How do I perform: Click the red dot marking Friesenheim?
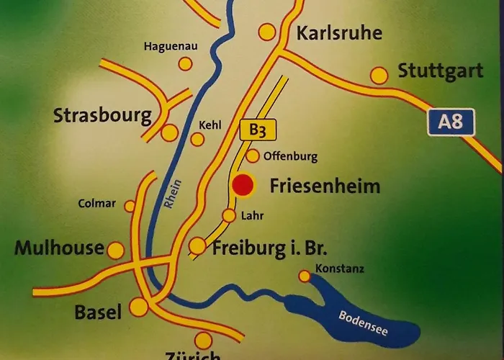pos(243,186)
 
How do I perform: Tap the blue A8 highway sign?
pos(451,122)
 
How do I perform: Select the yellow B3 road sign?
pos(258,130)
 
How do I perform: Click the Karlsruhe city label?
pos(339,33)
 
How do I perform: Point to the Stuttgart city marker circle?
pos(379,75)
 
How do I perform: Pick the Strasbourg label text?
pos(102,116)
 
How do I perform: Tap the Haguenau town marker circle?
pos(185,63)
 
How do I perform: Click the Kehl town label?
pos(210,125)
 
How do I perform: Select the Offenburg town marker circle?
pos(253,156)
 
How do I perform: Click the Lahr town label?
pos(252,215)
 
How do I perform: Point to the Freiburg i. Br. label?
pos(270,250)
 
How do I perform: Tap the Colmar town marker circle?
pos(130,207)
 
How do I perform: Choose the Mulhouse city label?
pos(59,248)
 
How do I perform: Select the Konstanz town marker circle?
pos(305,276)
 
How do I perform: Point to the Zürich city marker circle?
pos(204,340)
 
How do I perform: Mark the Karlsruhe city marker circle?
pos(267,32)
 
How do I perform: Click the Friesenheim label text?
pos(325,186)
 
